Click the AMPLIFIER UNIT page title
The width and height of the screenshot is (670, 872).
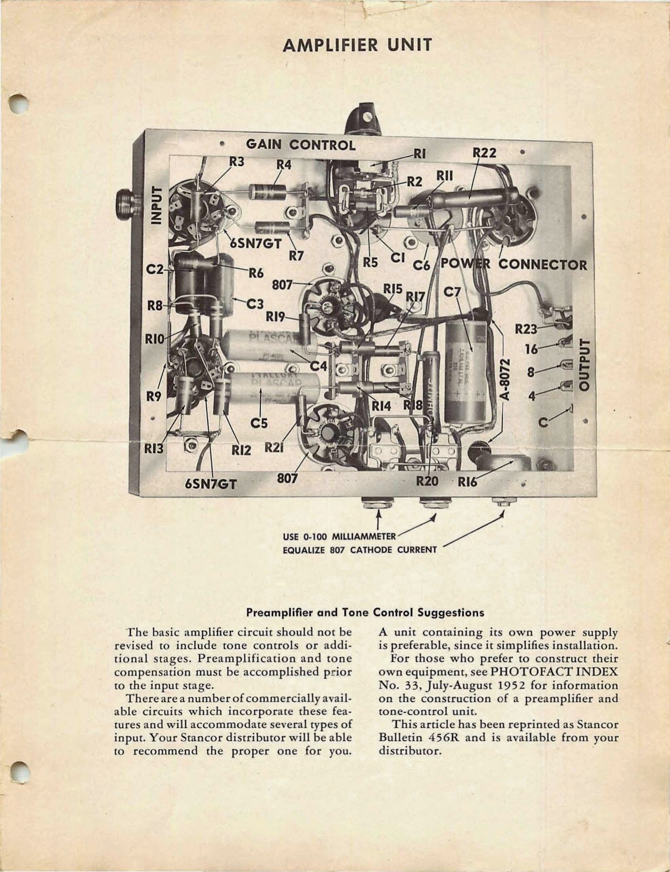(x=357, y=45)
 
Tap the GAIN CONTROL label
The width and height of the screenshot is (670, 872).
(x=300, y=145)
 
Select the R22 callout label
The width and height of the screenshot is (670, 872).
(x=484, y=153)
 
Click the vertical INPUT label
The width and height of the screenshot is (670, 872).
(x=157, y=205)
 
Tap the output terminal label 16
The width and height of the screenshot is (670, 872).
(x=531, y=349)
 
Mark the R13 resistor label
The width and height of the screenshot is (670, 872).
(x=154, y=449)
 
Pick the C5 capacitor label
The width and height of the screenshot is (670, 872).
(x=259, y=423)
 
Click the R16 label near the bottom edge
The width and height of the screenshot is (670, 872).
(x=467, y=481)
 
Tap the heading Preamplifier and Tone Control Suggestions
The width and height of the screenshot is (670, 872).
(x=365, y=612)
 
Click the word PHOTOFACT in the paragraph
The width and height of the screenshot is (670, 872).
(x=527, y=672)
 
